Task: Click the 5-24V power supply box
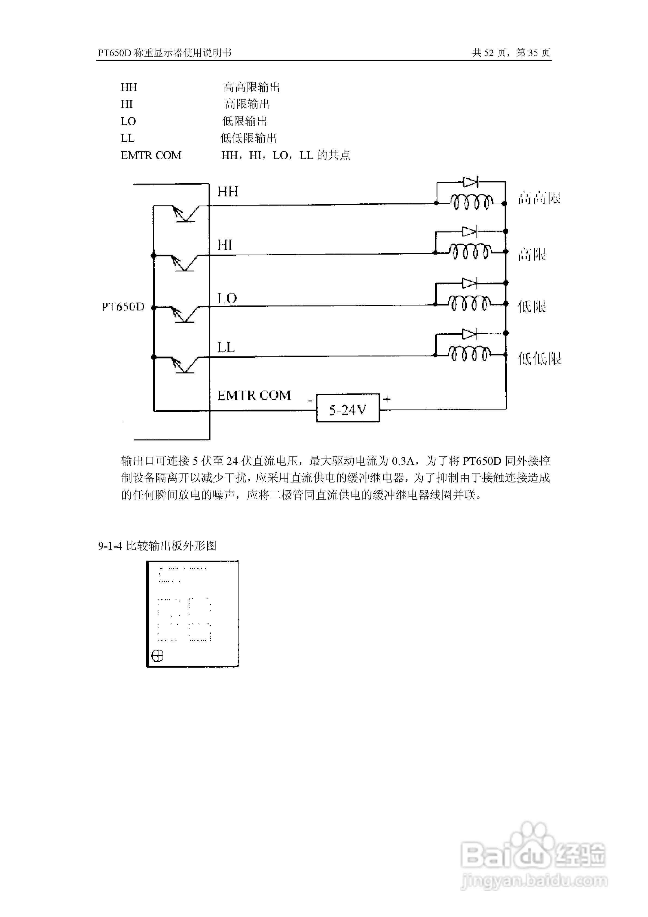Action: tap(348, 408)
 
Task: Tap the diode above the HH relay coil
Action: tap(470, 182)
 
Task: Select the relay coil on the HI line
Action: tap(470, 252)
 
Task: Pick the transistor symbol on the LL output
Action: tap(184, 364)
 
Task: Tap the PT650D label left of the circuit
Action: tap(123, 307)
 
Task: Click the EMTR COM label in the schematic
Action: tap(254, 395)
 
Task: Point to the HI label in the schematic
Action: tap(225, 245)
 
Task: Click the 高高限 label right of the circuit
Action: tap(539, 198)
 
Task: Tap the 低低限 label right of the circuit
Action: tap(539, 359)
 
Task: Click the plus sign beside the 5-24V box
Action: tap(387, 399)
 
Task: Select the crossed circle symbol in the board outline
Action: tap(158, 655)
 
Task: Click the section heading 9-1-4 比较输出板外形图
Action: tap(157, 546)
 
